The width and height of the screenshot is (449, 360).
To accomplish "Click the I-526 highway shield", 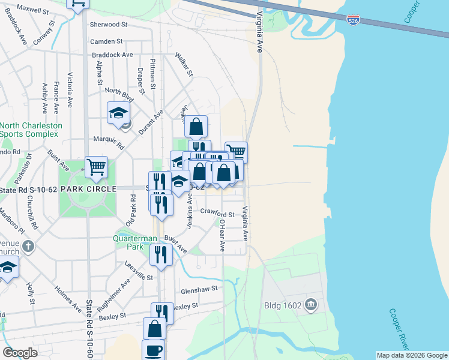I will click(354, 20).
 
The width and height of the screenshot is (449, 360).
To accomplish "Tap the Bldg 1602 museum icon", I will click(311, 305).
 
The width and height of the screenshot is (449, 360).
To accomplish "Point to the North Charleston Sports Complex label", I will click(31, 131).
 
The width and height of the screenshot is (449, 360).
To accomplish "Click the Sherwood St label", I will click(109, 25).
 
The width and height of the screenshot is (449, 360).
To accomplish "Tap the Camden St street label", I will click(106, 41).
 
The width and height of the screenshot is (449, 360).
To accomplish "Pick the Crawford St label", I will click(217, 212).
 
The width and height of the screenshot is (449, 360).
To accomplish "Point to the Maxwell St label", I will click(32, 10).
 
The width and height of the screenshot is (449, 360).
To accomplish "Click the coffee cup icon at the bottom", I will click(153, 350).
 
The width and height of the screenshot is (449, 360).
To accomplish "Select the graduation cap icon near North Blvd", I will click(118, 112).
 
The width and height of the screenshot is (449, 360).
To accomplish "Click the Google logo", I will click(20, 353).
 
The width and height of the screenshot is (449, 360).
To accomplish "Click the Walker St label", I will click(184, 65).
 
